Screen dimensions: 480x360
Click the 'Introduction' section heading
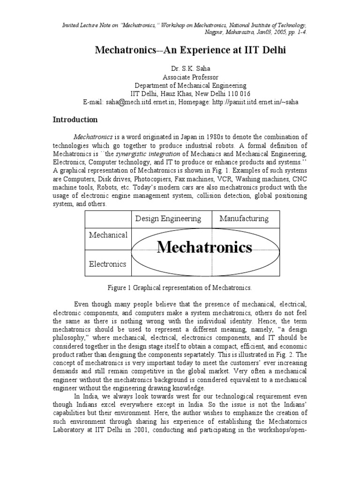coord(75,120)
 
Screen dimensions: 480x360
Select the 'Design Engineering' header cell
coord(168,218)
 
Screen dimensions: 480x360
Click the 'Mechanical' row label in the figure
coord(108,234)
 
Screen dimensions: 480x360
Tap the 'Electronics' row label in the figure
coord(108,264)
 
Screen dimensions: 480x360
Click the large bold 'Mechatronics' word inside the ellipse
coord(204,247)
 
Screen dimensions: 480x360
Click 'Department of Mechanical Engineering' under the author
coord(190,85)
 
